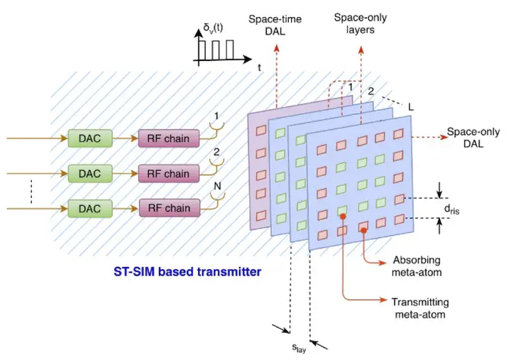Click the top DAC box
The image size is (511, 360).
tap(86, 138)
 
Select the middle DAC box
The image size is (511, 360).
tap(86, 173)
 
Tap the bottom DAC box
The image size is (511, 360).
tap(86, 208)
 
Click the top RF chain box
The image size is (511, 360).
tap(164, 138)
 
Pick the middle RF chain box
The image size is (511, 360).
tap(164, 173)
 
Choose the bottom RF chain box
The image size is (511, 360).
tap(164, 208)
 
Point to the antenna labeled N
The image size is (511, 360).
tap(211, 202)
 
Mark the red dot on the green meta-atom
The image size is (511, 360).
tap(343, 229)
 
